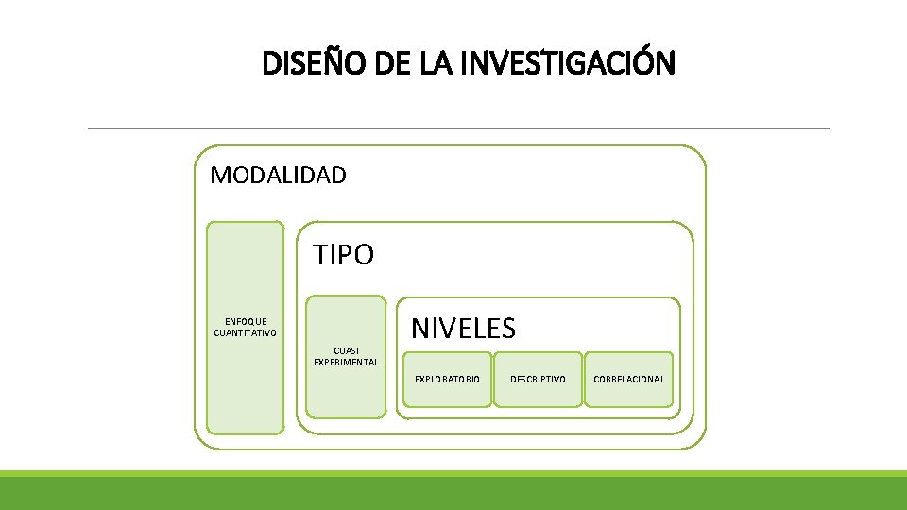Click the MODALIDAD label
(278, 175)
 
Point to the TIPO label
(344, 255)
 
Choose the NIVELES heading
(463, 329)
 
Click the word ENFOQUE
(246, 322)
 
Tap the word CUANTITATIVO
(246, 332)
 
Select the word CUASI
(346, 350)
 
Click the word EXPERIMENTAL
(346, 362)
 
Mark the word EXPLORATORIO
(448, 379)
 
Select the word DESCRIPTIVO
(539, 379)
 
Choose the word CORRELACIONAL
(629, 379)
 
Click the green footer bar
(453, 491)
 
